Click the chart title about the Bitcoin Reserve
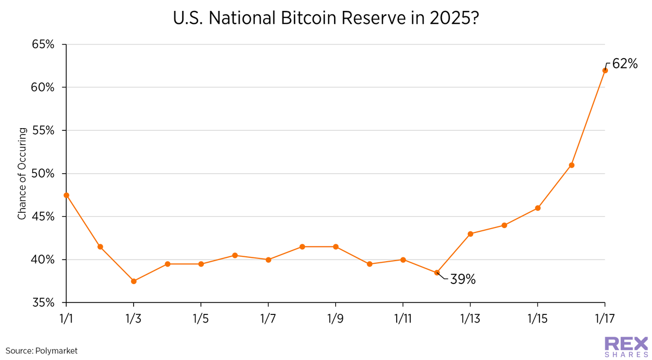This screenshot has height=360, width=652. tap(325, 17)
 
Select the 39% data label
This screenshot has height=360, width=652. tap(463, 280)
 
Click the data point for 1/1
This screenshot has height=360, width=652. tap(66, 195)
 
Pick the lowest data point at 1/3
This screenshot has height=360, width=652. tap(134, 281)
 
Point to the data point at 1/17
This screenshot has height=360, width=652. tap(605, 70)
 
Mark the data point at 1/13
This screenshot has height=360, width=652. tap(470, 234)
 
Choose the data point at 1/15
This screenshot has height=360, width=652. tap(537, 208)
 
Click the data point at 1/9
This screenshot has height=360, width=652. tap(335, 247)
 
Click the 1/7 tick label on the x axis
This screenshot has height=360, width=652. tap(268, 317)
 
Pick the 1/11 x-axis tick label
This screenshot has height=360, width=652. tap(403, 317)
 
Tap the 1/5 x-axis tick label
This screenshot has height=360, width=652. tap(201, 317)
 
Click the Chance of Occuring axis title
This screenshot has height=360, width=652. tap(22, 174)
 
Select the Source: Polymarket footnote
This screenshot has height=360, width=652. tap(42, 351)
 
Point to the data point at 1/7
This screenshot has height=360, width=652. tap(268, 260)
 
